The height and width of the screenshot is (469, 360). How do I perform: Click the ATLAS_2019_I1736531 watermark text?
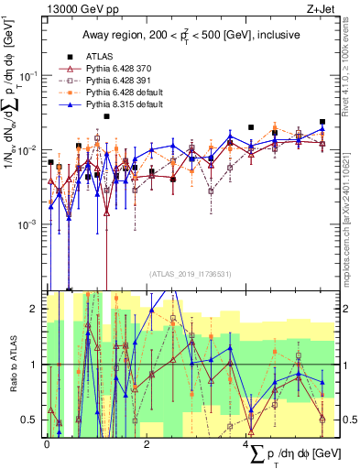(183, 274)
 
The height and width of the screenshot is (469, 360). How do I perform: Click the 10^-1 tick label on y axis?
(30, 76)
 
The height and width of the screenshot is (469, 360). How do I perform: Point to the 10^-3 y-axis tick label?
(30, 224)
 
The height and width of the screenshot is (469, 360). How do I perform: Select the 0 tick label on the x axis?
(47, 443)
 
